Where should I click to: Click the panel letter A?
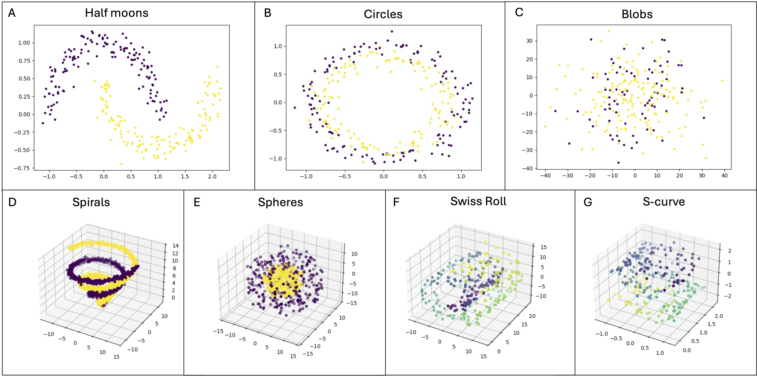11,13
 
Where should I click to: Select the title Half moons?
117,13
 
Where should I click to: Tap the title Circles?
383,14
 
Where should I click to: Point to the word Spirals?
91,202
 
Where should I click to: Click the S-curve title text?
664,202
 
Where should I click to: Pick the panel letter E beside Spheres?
197,202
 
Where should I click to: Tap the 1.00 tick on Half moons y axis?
24,43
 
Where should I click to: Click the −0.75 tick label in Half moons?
22,168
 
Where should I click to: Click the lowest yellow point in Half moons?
122,164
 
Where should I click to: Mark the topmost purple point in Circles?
392,31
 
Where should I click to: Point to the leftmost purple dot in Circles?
295,108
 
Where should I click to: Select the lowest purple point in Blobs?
618,163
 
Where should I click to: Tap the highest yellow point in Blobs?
609,31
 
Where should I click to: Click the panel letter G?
588,202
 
